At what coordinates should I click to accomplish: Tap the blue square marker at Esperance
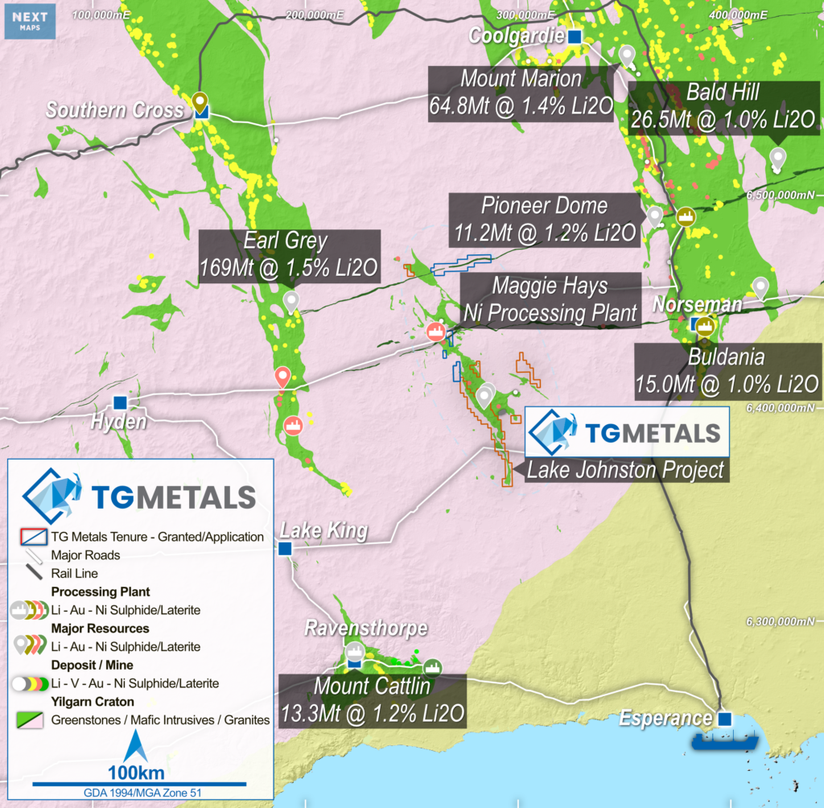coord(725,719)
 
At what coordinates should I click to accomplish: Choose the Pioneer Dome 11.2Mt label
coord(544,219)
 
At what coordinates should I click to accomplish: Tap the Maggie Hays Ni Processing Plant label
coord(550,299)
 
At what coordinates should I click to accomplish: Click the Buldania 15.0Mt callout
coord(727,370)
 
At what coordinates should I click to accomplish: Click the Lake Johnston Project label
coord(625,469)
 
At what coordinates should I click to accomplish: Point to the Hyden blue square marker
coord(120,402)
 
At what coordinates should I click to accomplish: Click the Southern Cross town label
coord(114,110)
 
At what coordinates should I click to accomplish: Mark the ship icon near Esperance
coord(718,739)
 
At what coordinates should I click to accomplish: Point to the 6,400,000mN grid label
coord(781,408)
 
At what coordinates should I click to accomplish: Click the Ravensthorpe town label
coord(365,628)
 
